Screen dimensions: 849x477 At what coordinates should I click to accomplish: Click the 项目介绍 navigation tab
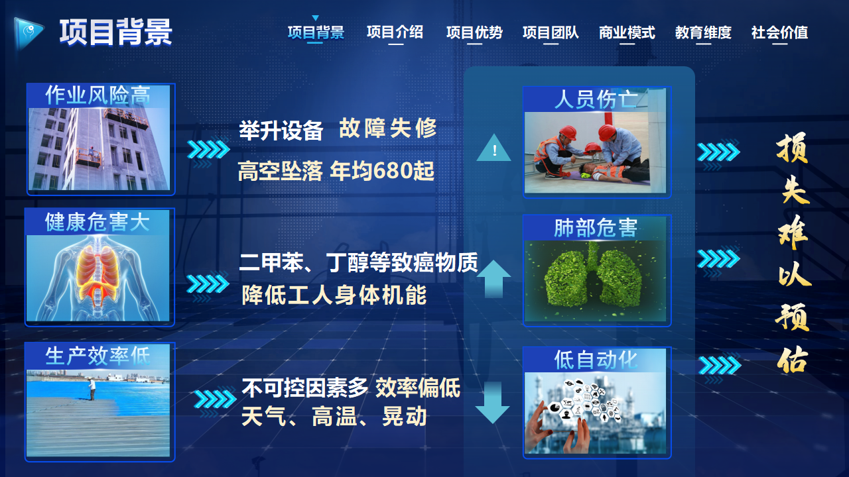tap(395, 32)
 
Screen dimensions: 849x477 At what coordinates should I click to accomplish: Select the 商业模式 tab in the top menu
tap(627, 32)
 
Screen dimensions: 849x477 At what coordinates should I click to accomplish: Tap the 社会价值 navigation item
tap(779, 32)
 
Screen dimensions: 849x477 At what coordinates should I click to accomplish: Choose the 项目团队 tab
tap(551, 32)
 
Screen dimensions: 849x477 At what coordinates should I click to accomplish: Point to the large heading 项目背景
tap(116, 32)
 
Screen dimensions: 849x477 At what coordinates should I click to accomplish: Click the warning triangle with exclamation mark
tap(494, 148)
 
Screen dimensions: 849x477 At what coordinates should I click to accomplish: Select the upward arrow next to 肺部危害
tap(493, 279)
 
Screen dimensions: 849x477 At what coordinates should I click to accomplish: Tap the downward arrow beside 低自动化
tap(492, 402)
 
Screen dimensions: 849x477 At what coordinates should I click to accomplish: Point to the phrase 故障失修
tap(388, 129)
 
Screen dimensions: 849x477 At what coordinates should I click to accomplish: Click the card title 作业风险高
tap(98, 95)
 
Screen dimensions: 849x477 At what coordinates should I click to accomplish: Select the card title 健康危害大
tap(98, 222)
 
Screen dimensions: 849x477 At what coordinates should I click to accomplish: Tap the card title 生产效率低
tap(98, 356)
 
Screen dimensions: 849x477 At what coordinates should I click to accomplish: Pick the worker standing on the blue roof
tap(92, 389)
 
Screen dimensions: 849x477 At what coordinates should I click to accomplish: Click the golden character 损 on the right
tap(793, 148)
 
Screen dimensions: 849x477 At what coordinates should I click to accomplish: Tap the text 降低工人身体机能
tap(334, 295)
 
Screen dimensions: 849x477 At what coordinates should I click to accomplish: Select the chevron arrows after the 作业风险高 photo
tap(208, 150)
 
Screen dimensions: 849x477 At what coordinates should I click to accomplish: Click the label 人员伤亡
tap(596, 99)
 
